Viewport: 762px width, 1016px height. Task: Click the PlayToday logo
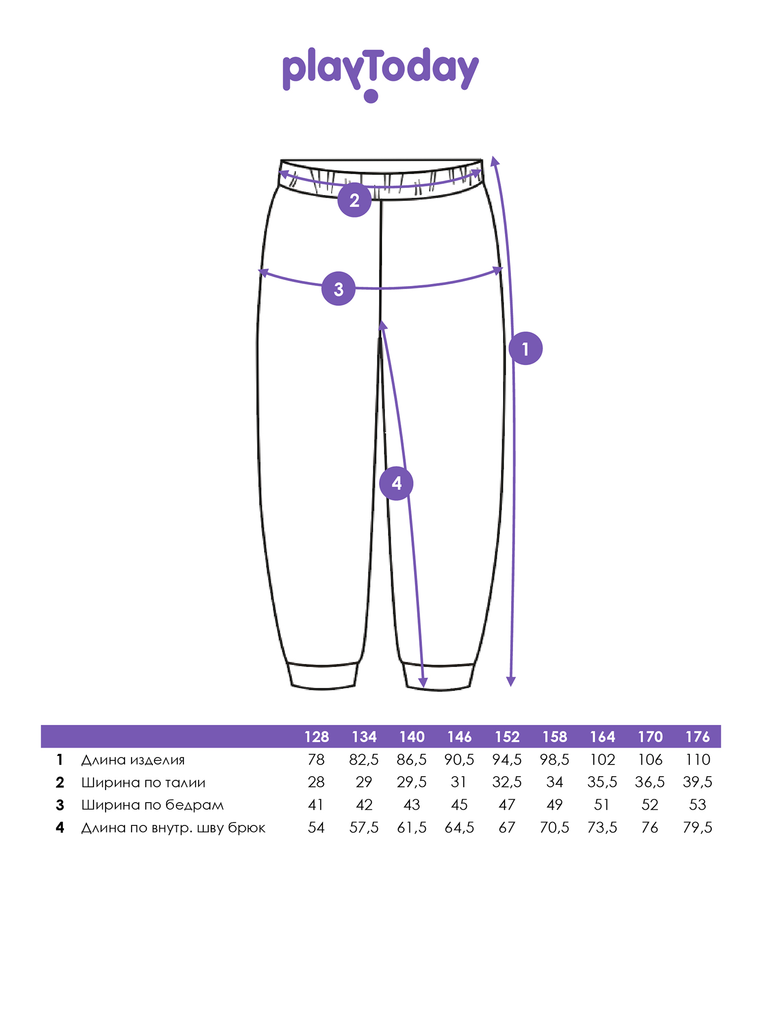coord(380,75)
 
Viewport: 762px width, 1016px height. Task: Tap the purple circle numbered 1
coord(526,348)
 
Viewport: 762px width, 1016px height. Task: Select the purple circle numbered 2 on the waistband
coord(355,200)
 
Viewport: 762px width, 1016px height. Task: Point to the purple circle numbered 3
coord(338,289)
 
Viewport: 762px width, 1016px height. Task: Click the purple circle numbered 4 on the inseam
coord(396,483)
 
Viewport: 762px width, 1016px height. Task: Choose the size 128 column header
coord(316,737)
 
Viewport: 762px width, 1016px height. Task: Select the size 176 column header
coord(697,737)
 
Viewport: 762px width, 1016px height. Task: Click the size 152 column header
coord(507,737)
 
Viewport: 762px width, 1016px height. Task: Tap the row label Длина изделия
coord(133,760)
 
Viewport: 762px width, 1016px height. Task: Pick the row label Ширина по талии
coord(143,782)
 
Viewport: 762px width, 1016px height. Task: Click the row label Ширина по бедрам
coord(152,805)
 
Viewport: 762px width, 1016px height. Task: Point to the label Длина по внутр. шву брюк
coord(173,828)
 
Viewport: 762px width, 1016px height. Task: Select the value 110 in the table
coord(697,760)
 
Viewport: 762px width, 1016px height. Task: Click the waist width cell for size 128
coord(316,782)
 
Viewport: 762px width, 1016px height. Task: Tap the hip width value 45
coord(459,805)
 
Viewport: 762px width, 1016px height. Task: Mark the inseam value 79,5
coord(697,828)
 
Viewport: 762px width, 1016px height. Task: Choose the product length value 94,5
coord(507,760)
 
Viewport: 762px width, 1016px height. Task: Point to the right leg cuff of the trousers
coord(438,677)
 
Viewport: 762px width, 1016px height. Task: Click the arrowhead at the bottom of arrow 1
coord(511,682)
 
